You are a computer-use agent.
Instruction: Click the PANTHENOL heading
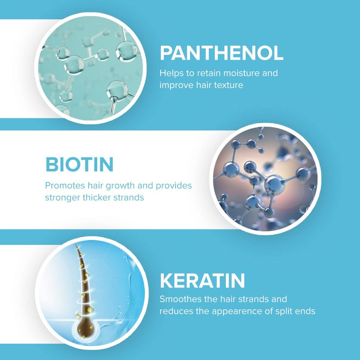pyautogui.click(x=221, y=53)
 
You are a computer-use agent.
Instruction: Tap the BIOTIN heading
pyautogui.click(x=80, y=164)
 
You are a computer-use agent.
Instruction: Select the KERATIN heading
pyautogui.click(x=202, y=280)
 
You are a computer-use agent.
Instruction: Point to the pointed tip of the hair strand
pyautogui.click(x=76, y=245)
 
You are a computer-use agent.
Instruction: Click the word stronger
pyautogui.click(x=63, y=198)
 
